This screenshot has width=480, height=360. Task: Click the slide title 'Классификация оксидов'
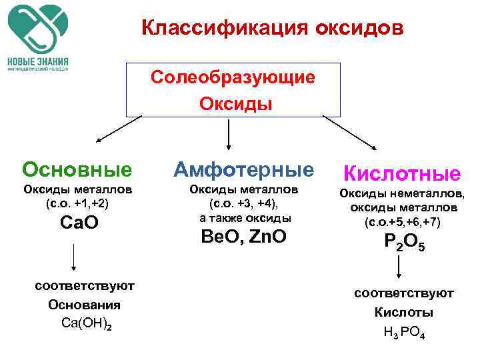coord(272,29)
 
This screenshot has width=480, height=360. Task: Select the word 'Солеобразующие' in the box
coord(232,77)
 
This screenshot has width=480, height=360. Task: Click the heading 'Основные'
coord(76,170)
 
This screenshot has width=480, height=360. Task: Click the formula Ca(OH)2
coord(82,324)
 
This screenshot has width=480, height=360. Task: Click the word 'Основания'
coord(84,305)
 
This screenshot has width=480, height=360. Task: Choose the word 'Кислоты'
coord(403,312)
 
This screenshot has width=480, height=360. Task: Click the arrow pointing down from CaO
coord(73,257)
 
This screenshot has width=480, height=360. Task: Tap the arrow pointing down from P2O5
coord(399,267)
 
